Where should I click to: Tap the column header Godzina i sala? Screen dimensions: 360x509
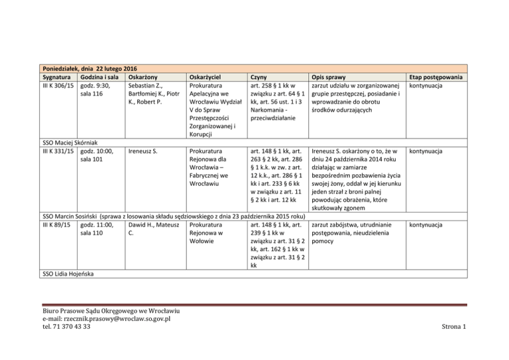99,77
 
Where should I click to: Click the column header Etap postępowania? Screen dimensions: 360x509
438,77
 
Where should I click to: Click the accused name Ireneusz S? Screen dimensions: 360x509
142,151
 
